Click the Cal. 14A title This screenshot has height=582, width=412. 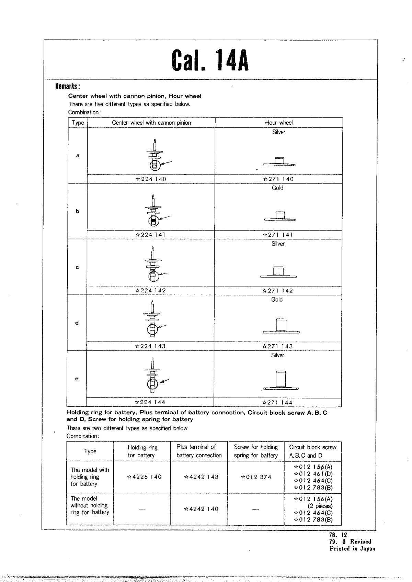tap(210, 60)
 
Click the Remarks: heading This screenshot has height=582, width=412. tap(68, 86)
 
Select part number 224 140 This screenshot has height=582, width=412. tap(151, 179)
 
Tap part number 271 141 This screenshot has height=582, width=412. tap(278, 235)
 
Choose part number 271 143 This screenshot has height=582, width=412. tap(278, 346)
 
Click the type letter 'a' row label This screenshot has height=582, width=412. tap(78, 156)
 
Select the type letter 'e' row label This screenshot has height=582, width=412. tap(77, 379)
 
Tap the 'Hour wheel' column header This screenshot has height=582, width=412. tap(279, 123)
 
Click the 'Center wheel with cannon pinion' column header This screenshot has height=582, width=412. tap(151, 123)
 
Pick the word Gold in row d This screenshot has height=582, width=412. tap(277, 300)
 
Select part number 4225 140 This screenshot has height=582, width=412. tap(144, 477)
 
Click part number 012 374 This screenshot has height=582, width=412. tap(256, 477)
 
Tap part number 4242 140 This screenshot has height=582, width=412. tap(201, 509)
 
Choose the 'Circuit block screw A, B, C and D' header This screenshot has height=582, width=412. tap(313, 451)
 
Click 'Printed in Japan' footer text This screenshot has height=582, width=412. tap(352, 549)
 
